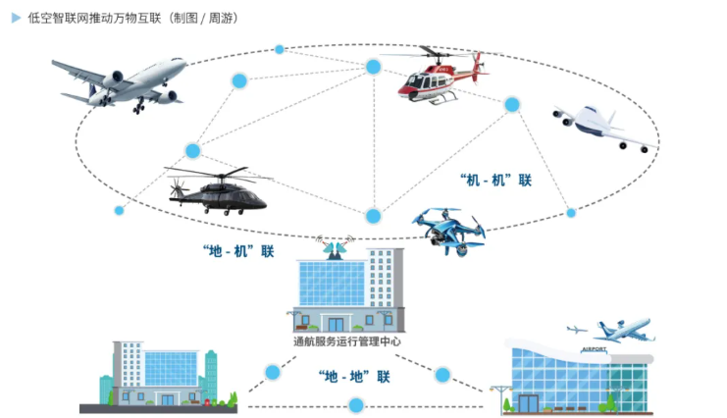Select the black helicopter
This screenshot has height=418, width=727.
(x=218, y=190)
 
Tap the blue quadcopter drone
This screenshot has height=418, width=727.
(x=448, y=231)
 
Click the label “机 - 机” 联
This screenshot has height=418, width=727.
(x=495, y=180)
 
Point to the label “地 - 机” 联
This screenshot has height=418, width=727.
(x=238, y=251)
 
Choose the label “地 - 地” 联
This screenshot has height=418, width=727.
(x=354, y=376)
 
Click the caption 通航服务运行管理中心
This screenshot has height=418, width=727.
(x=346, y=341)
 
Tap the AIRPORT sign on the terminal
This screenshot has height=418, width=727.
(x=594, y=349)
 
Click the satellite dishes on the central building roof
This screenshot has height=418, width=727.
(x=336, y=248)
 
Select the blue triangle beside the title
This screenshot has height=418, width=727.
(x=17, y=18)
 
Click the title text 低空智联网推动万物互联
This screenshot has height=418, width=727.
(x=94, y=18)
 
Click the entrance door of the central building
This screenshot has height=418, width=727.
(x=336, y=324)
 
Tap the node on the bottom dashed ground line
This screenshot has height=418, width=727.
(x=356, y=405)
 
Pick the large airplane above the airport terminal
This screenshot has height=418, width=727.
(x=624, y=330)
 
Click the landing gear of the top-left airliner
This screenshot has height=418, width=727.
(x=138, y=107)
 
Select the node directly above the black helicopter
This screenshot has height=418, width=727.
(x=193, y=151)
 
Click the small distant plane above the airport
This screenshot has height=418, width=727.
(x=576, y=329)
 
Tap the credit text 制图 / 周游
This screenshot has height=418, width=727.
(x=203, y=18)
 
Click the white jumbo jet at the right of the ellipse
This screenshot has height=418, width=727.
(x=603, y=129)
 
